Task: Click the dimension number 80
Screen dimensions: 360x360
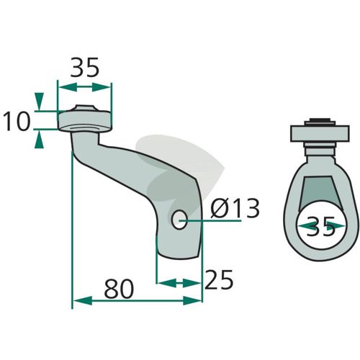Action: (119, 289)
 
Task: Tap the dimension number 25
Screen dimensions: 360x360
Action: (219, 279)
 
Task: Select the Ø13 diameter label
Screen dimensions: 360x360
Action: (235, 208)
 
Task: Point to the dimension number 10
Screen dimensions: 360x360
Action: (17, 122)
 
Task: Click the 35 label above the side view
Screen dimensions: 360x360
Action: (85, 67)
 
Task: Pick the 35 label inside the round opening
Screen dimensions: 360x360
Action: (320, 227)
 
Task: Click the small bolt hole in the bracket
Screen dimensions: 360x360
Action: (179, 220)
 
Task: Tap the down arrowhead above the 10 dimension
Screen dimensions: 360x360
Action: (39, 102)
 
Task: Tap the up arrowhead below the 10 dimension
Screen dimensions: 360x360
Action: (39, 140)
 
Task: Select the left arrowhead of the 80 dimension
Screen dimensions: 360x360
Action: (82, 300)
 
